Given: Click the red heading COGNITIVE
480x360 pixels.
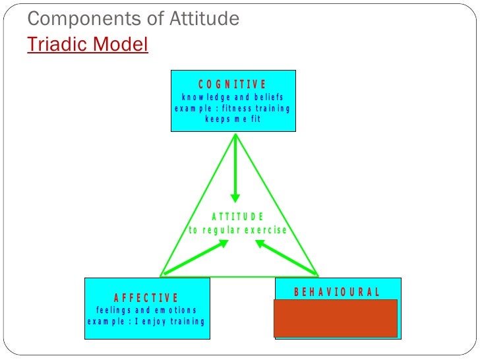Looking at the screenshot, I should (x=233, y=84).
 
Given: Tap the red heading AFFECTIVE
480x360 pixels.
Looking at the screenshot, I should (x=146, y=298).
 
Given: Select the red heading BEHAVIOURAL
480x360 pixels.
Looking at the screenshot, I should (x=336, y=292).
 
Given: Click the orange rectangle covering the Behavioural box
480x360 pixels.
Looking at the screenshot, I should (x=336, y=318).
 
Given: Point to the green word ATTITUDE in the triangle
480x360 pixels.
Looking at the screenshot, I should (x=238, y=216).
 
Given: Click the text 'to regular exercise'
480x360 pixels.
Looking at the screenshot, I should (x=238, y=230).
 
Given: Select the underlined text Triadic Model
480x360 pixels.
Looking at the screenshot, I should (x=88, y=44).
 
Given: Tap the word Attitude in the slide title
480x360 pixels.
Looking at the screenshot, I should (x=200, y=19).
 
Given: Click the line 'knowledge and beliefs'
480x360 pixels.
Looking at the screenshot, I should (x=233, y=97).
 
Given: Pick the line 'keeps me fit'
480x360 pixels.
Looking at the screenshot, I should (x=233, y=119).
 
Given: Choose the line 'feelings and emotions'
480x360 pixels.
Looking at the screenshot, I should (x=146, y=310).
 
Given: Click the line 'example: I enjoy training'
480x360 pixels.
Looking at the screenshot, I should (x=146, y=322).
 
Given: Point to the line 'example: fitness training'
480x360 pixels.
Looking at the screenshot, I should (x=233, y=108).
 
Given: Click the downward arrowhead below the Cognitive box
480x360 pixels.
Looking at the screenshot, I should (x=235, y=197).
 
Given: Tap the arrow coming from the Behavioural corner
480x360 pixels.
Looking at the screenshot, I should (x=286, y=256).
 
